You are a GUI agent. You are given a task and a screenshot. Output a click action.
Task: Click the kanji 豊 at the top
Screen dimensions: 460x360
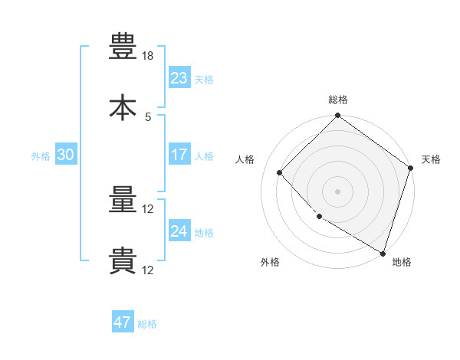[123, 46]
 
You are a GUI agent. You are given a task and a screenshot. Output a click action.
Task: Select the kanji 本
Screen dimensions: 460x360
[123, 107]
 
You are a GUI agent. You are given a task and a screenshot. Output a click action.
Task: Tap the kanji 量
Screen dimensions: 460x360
[123, 199]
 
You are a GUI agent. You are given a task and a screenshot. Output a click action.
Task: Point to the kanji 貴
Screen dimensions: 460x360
[123, 260]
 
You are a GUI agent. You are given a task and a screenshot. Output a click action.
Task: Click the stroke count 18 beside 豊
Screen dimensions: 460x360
[147, 56]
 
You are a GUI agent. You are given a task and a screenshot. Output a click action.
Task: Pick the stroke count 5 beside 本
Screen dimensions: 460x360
[148, 117]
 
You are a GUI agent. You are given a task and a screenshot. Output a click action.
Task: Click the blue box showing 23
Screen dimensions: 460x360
[179, 77]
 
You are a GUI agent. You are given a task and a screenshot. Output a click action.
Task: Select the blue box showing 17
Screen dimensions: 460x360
[179, 154]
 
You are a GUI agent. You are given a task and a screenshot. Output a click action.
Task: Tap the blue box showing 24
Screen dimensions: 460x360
[179, 230]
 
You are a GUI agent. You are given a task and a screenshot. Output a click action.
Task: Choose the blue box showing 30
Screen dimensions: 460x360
[66, 154]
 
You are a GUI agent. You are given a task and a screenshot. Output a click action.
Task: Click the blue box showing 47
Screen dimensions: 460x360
[123, 321]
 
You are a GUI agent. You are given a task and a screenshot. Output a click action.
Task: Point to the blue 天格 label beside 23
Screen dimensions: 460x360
[204, 80]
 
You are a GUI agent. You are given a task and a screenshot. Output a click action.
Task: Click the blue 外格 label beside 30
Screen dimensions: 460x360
[41, 156]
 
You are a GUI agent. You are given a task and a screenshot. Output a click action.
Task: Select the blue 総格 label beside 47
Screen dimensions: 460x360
[147, 324]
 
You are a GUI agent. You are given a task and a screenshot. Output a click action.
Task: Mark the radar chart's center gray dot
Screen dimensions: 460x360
[337, 191]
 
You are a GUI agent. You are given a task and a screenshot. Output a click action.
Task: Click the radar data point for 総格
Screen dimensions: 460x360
[337, 115]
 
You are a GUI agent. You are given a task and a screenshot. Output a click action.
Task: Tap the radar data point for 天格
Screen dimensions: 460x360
[410, 168]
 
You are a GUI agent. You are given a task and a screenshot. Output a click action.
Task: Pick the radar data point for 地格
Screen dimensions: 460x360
[383, 254]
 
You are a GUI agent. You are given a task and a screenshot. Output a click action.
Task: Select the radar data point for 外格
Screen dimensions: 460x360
[320, 216]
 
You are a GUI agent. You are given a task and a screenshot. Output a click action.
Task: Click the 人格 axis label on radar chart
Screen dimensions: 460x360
[245, 159]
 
